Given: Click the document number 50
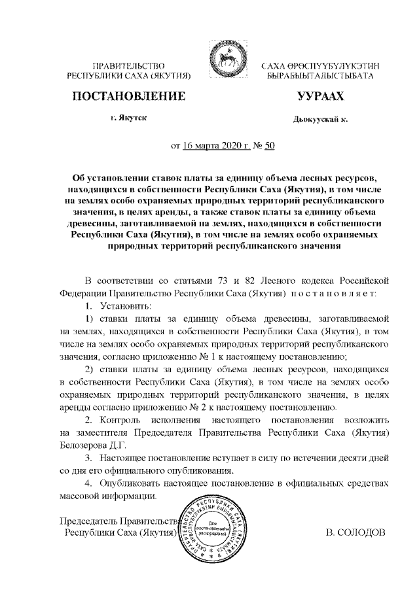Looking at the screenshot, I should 269,145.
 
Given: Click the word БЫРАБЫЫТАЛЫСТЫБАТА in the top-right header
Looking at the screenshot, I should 319,77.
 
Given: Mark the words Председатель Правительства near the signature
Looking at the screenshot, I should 118,521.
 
